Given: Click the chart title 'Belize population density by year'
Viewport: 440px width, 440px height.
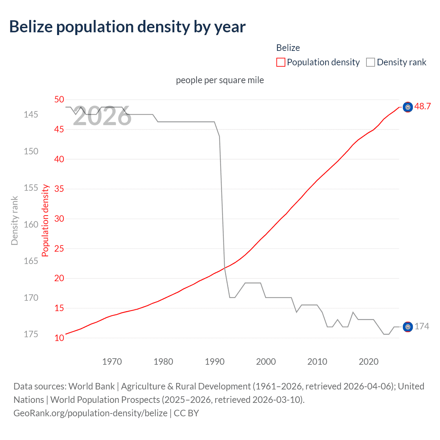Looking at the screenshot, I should coord(127,27).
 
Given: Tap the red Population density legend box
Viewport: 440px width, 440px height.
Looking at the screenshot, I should coord(281,62).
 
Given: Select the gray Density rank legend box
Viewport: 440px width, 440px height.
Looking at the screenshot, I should coord(370,62).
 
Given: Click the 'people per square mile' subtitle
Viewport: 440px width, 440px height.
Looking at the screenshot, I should coord(220,80).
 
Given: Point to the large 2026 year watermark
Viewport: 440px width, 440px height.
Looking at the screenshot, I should coord(102,116).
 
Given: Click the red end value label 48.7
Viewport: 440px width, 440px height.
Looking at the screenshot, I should coord(422,107).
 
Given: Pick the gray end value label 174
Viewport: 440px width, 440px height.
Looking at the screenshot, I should coord(422,327).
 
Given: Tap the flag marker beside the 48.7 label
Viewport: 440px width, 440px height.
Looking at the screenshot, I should coord(408,107).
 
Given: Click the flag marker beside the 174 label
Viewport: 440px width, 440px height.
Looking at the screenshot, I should coord(408,327).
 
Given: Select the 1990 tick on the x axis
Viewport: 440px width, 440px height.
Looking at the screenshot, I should coord(214,362).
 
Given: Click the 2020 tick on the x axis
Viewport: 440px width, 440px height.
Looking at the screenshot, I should coord(368,362).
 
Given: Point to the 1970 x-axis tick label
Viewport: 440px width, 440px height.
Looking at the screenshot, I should coord(112,362).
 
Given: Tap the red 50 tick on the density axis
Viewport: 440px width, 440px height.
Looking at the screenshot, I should coord(59,100).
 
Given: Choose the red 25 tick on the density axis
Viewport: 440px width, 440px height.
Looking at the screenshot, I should coord(59,249).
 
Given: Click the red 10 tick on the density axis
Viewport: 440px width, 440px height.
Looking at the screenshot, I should coord(59,338).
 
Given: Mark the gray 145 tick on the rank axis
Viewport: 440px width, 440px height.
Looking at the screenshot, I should coord(31,114).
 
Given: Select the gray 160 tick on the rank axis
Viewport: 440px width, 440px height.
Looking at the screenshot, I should coord(31,224).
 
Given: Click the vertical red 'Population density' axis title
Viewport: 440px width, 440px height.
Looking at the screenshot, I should coord(45,220).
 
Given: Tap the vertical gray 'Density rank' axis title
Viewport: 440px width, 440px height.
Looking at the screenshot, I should coord(14,220).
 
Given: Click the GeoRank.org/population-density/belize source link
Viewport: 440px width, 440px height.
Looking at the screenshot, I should coord(90,413).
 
